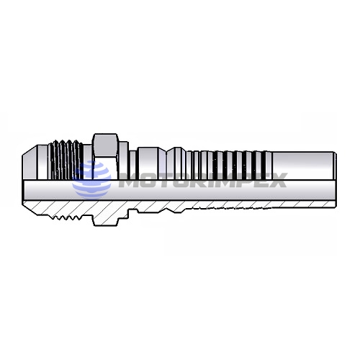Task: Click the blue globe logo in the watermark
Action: click(x=93, y=176)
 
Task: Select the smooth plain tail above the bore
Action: click(x=302, y=162)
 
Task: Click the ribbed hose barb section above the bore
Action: click(x=230, y=162)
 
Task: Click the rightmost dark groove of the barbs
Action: click(x=266, y=161)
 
